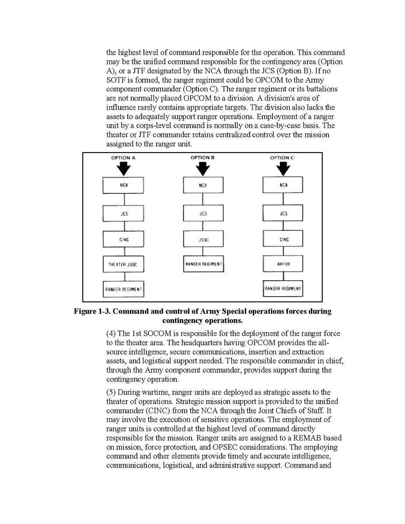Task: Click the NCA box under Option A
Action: pyautogui.click(x=123, y=185)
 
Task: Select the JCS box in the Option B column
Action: pyautogui.click(x=203, y=213)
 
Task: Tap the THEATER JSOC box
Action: pyautogui.click(x=123, y=264)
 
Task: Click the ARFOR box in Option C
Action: pyautogui.click(x=283, y=264)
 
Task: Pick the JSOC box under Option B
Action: pyautogui.click(x=203, y=239)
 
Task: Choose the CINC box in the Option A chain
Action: pyautogui.click(x=123, y=239)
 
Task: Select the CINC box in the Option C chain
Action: pyautogui.click(x=283, y=239)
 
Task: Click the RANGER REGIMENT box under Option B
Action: pyautogui.click(x=203, y=264)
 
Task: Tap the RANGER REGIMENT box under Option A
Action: pyautogui.click(x=123, y=289)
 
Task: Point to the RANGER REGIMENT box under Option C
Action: pyautogui.click(x=283, y=289)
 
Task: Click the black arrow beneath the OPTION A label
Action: pyautogui.click(x=123, y=168)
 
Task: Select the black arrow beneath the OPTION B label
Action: pyautogui.click(x=202, y=168)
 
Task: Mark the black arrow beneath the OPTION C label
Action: pyautogui.click(x=283, y=168)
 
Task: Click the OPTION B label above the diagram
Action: pyautogui.click(x=202, y=157)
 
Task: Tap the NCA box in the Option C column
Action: pyautogui.click(x=283, y=185)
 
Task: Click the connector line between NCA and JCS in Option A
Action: pyautogui.click(x=124, y=199)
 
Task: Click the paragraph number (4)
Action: pyautogui.click(x=112, y=334)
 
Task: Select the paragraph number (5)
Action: pyautogui.click(x=112, y=392)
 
